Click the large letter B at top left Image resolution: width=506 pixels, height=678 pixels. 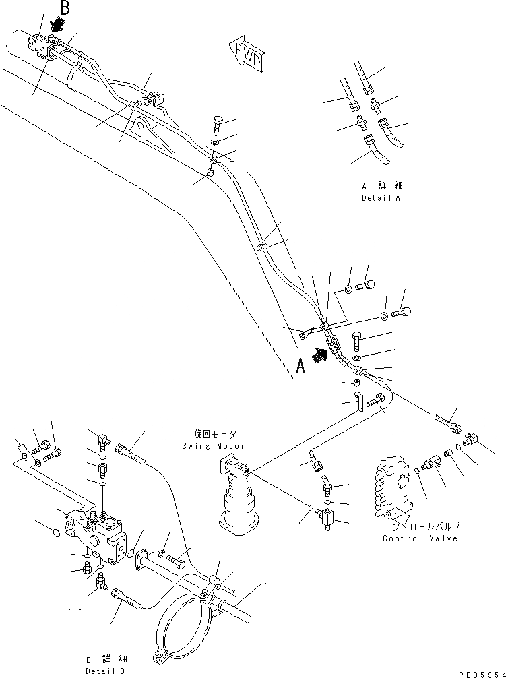65,8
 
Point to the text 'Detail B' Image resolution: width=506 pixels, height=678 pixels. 105,671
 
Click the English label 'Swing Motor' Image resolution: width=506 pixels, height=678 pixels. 213,446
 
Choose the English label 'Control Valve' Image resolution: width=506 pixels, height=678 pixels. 420,538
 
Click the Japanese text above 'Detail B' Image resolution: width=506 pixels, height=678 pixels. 105,659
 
